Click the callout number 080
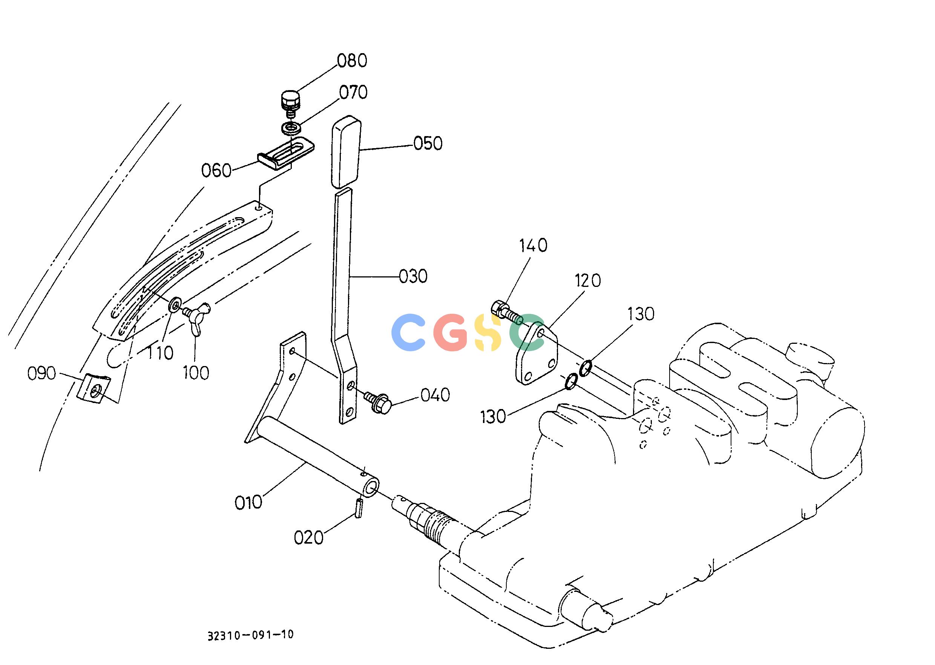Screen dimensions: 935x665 click(x=352, y=61)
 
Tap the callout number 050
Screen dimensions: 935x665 click(x=428, y=144)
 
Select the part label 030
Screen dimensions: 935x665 click(x=413, y=276)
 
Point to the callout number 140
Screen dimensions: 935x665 click(x=533, y=246)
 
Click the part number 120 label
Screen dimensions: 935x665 click(x=587, y=281)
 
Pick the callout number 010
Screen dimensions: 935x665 click(x=248, y=503)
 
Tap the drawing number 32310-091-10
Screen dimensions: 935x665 click(x=250, y=635)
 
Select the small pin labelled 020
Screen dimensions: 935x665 click(x=359, y=508)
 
